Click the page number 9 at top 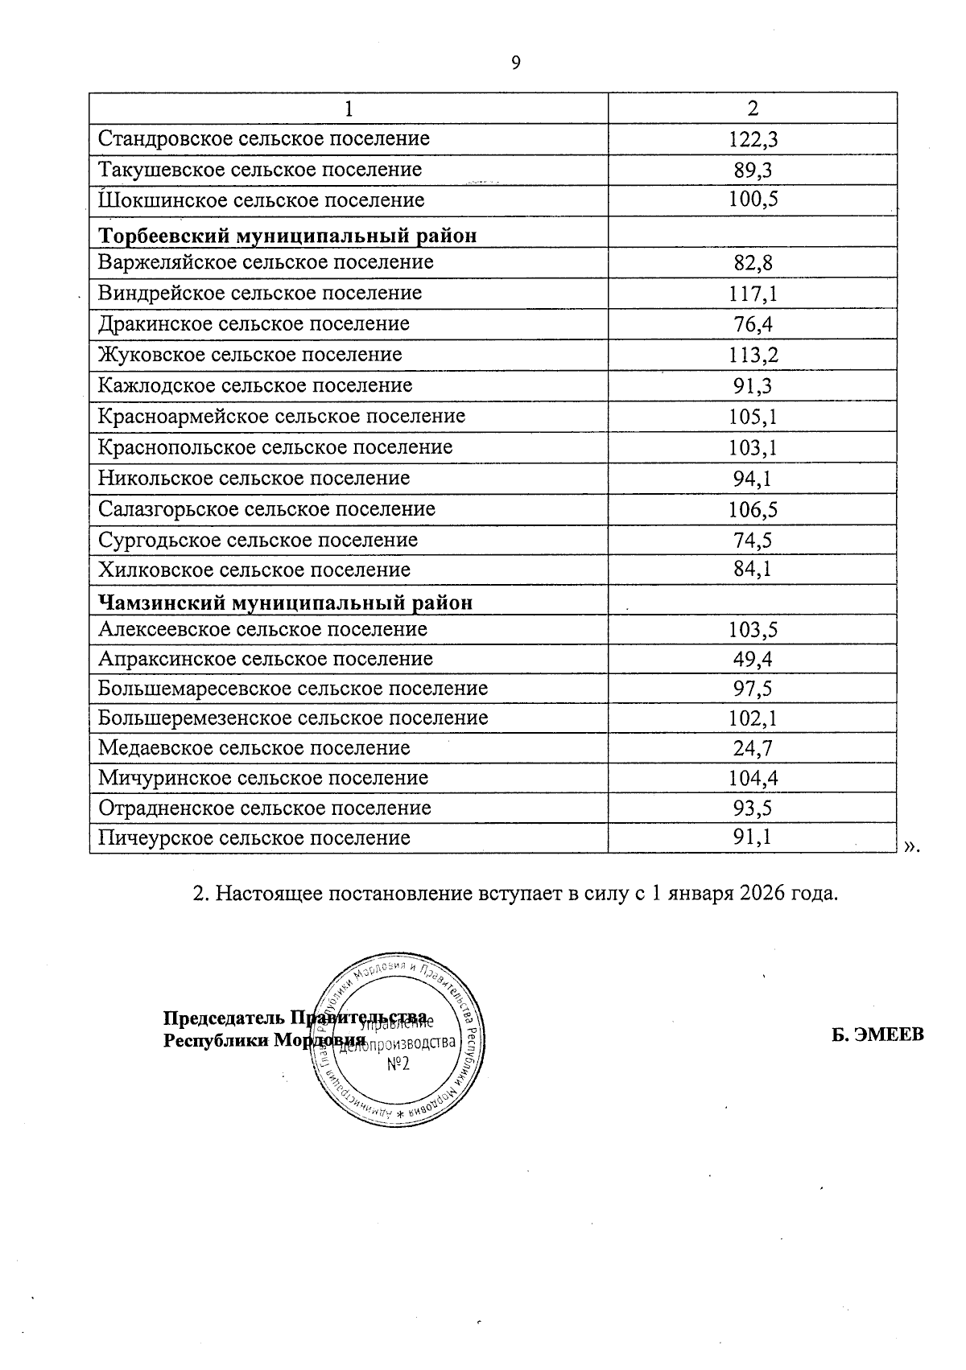[x=516, y=63]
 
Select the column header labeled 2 [x=753, y=108]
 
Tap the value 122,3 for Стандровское [x=753, y=140]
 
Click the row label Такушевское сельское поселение [x=260, y=170]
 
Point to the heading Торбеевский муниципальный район [x=287, y=236]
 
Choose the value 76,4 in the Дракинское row [x=753, y=325]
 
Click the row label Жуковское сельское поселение [x=250, y=355]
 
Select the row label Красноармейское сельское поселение [x=282, y=417]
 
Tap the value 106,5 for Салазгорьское [x=753, y=510]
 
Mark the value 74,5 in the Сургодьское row [x=753, y=541]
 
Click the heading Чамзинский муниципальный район [x=285, y=603]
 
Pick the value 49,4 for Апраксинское [x=753, y=660]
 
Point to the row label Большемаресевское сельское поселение [x=293, y=689]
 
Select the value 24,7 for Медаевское [x=753, y=749]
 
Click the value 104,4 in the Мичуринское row [x=753, y=779]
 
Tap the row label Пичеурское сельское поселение [x=254, y=838]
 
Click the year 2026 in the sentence [x=758, y=894]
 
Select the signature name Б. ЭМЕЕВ [x=877, y=1035]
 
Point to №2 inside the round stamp [x=398, y=1064]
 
